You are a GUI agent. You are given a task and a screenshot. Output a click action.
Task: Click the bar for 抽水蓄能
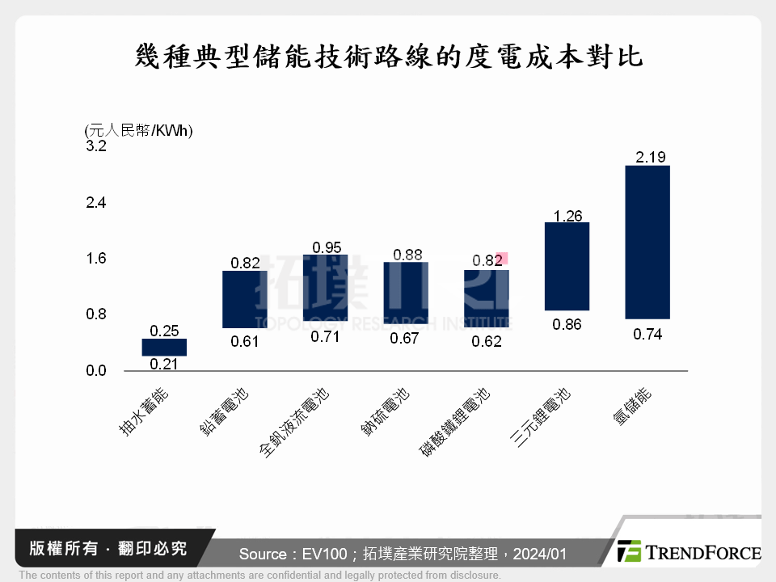[x=164, y=347]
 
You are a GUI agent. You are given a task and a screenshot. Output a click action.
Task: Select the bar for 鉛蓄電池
[x=244, y=299]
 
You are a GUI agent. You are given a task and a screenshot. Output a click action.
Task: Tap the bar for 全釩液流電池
[x=325, y=288]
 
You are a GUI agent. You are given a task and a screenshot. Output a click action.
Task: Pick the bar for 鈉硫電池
[x=405, y=291]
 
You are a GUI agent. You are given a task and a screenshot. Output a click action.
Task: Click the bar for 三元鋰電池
[x=567, y=266]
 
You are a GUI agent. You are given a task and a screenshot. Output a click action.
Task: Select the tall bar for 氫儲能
[x=647, y=242]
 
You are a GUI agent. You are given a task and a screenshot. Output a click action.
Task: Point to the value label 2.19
[x=650, y=157]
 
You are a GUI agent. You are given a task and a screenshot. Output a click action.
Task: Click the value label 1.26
[x=568, y=215]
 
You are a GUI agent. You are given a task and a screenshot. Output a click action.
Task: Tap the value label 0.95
[x=327, y=247]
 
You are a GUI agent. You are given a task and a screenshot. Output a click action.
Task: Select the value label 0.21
[x=165, y=364]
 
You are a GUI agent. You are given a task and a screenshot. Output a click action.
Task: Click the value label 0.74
[x=648, y=334]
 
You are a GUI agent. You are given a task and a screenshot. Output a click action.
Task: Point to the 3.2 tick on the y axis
[x=96, y=146]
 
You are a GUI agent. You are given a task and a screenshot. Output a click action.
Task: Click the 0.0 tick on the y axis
[x=96, y=371]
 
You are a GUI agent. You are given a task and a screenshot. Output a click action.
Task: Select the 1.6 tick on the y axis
[x=96, y=259]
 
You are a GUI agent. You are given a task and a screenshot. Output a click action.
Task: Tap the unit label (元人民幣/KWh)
[x=138, y=131]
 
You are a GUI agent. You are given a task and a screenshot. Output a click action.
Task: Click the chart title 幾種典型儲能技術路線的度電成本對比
[x=388, y=57]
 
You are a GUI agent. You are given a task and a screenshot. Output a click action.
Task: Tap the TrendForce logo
[x=688, y=552]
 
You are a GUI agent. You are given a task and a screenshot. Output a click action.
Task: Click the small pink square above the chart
[x=501, y=259]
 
